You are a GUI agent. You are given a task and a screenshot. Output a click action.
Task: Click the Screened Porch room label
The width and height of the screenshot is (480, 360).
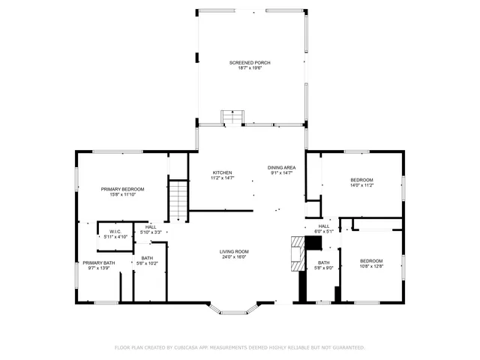(250, 62)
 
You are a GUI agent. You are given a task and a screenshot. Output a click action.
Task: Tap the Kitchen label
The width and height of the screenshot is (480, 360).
(223, 172)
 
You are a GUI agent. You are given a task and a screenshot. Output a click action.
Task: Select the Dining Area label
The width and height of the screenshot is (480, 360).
(282, 167)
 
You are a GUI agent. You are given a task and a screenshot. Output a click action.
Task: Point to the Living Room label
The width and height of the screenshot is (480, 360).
(234, 251)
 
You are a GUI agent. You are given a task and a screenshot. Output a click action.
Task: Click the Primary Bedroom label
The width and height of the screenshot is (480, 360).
(123, 189)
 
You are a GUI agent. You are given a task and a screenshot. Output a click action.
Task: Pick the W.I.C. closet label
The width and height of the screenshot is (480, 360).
(115, 231)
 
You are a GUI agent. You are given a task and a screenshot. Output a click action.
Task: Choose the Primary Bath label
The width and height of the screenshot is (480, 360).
(99, 262)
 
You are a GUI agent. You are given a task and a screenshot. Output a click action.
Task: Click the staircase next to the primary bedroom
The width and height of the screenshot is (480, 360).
(177, 201)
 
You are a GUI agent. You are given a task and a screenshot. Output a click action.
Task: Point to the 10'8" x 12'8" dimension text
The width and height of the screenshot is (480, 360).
(370, 265)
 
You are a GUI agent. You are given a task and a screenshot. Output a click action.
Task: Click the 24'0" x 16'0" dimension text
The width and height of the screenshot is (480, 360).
(234, 257)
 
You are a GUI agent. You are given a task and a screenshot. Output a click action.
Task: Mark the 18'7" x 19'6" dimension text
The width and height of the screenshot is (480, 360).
(250, 67)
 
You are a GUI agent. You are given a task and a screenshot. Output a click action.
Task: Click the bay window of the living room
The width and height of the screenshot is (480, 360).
(234, 307)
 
